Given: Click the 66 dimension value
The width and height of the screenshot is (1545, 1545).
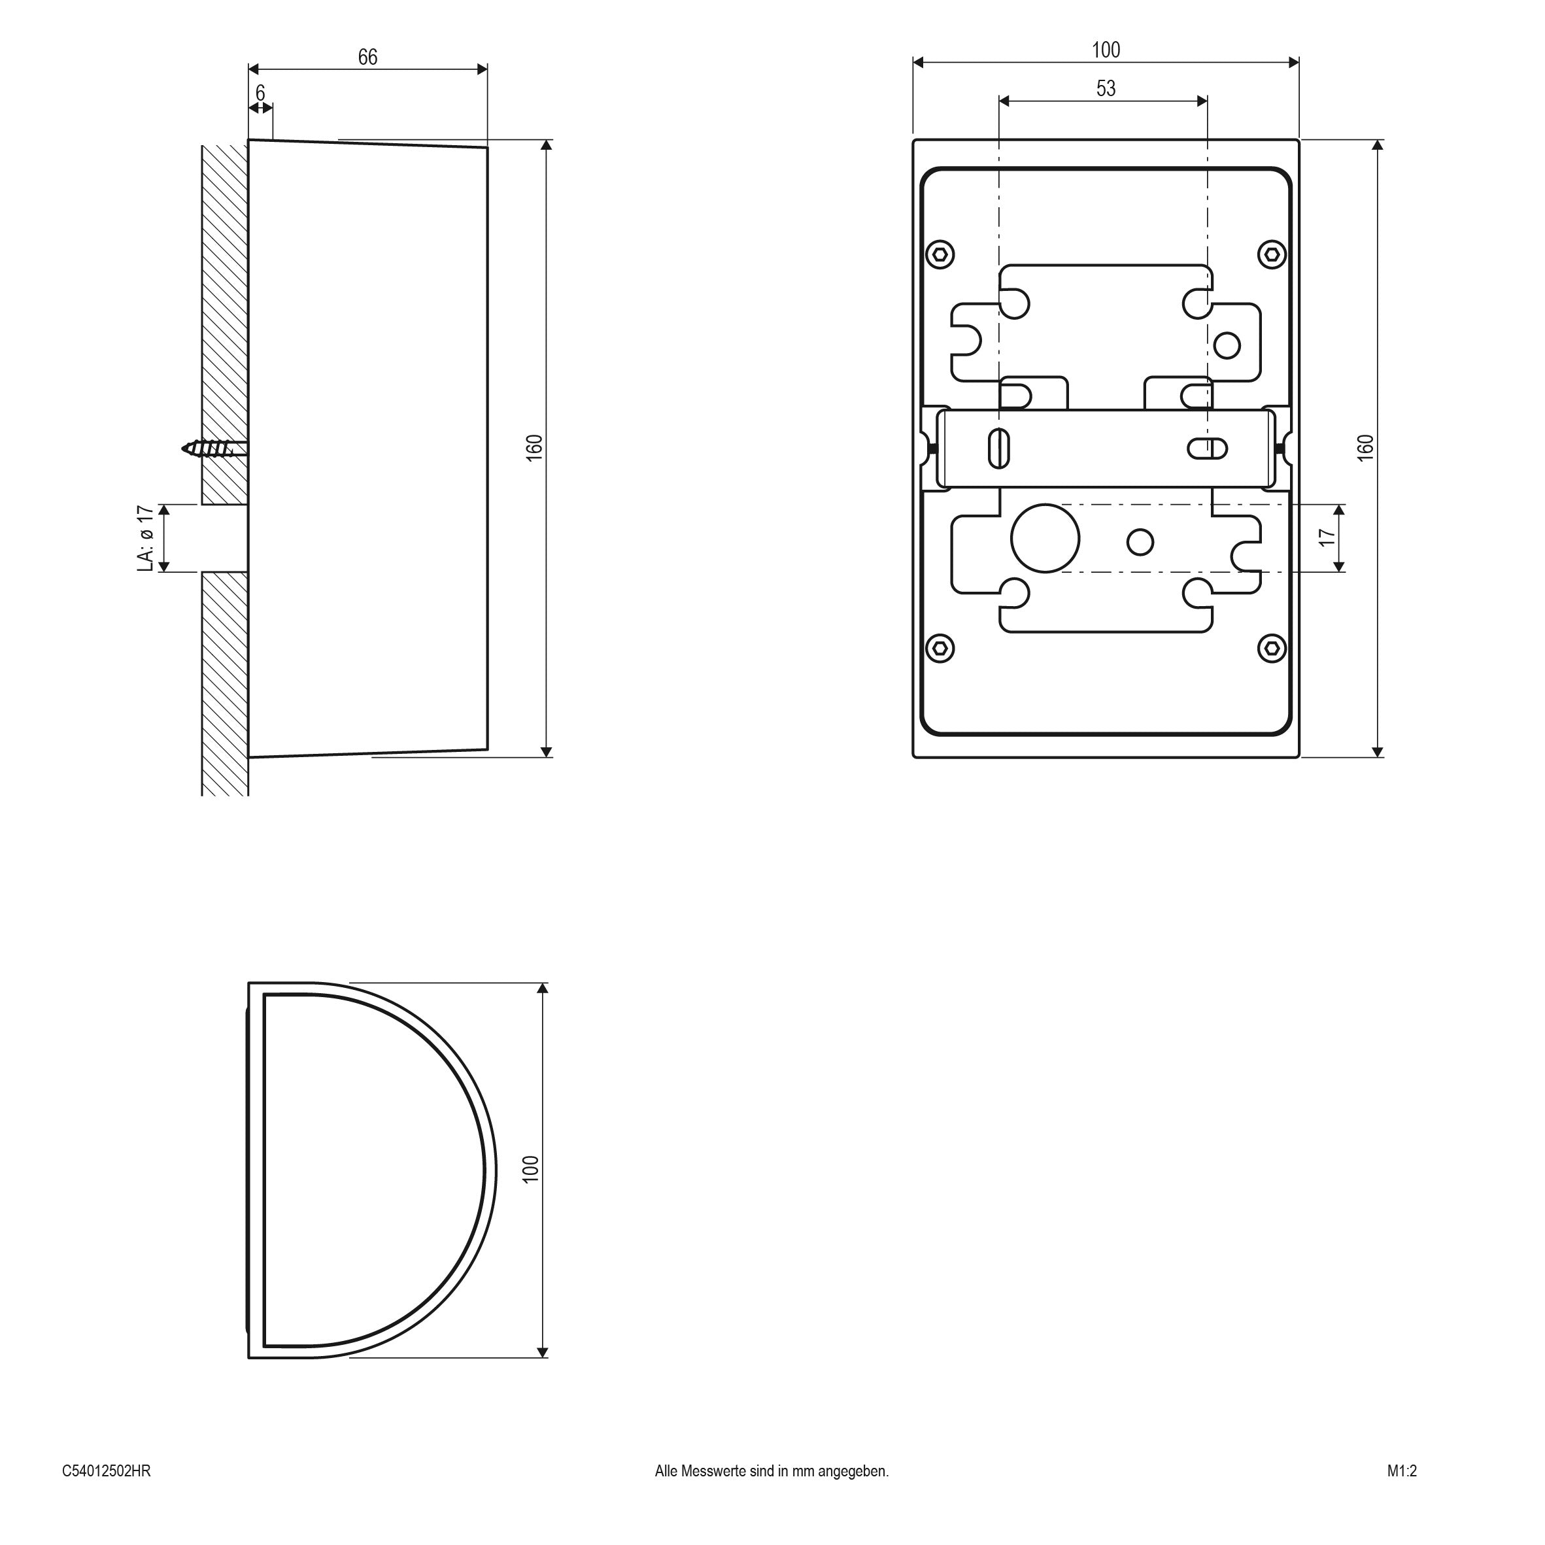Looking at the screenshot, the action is [x=367, y=57].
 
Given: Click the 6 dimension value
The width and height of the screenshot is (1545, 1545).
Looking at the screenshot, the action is [x=260, y=93].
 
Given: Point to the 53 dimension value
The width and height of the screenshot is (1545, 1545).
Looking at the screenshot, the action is [x=1106, y=89].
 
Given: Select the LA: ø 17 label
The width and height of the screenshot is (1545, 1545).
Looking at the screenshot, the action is [x=144, y=538].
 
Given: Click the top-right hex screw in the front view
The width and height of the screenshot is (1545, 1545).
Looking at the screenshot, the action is [x=1272, y=255].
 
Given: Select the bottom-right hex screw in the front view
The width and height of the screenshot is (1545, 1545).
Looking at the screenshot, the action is [x=1272, y=648].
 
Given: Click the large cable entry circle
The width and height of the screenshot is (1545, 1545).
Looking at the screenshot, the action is [x=1045, y=538].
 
